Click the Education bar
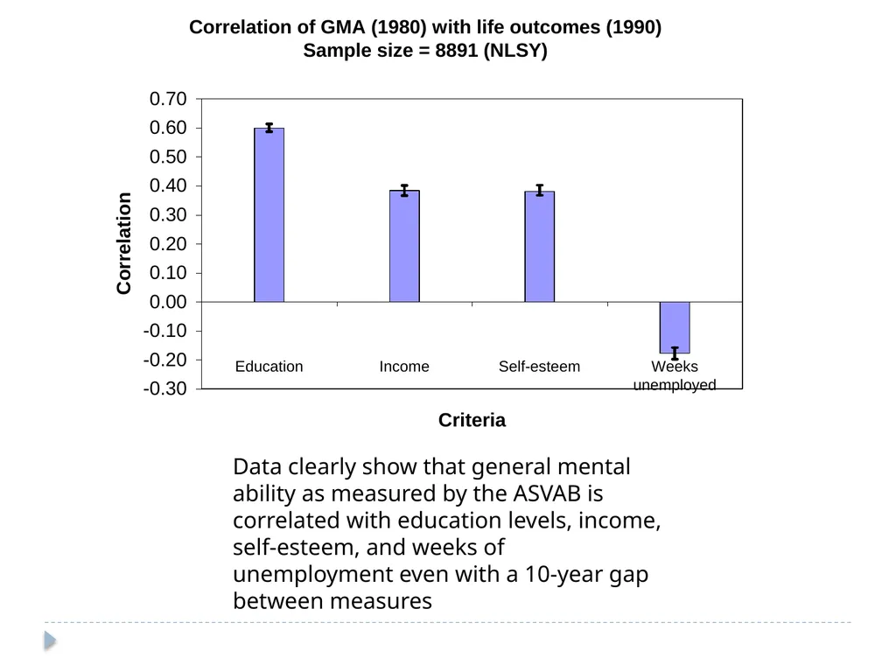269,215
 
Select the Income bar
404,246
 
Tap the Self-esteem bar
539,247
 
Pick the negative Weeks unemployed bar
675,327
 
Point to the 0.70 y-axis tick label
168,99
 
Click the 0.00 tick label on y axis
168,302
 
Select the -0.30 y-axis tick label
165,388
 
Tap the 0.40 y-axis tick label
168,185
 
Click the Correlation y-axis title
124,243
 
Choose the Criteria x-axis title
472,420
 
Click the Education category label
269,367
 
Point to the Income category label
404,367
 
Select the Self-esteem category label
539,367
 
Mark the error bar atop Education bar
269,128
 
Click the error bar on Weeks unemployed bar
675,353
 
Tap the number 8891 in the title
456,50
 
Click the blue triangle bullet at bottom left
50,640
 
